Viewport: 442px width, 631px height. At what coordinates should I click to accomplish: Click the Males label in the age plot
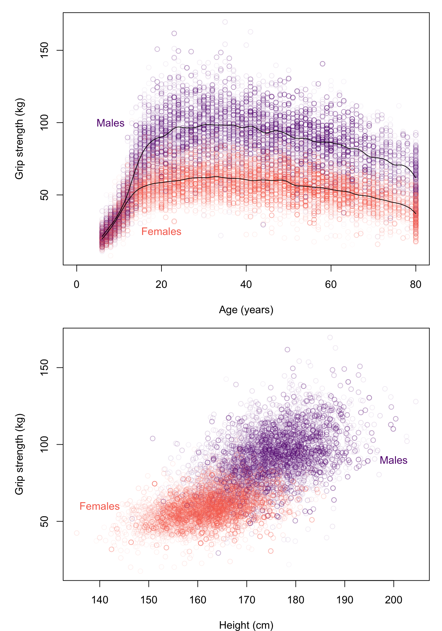[110, 123]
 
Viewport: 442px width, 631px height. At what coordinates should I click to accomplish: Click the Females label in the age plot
[161, 232]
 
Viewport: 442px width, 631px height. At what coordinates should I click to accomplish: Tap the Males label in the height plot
[393, 460]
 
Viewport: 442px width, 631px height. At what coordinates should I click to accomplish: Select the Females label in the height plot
[99, 506]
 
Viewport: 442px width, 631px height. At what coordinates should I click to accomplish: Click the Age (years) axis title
[246, 310]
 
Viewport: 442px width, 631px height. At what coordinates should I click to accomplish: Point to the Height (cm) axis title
[246, 625]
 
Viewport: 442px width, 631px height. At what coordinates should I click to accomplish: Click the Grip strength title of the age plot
[19, 138]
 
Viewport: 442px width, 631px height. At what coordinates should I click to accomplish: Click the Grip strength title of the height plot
[19, 454]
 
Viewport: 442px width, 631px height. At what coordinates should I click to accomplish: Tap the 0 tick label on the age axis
[77, 285]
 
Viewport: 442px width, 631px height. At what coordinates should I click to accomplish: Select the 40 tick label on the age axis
[246, 285]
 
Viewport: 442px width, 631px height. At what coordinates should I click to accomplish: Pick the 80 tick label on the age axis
[416, 285]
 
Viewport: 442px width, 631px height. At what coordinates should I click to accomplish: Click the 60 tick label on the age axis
[331, 285]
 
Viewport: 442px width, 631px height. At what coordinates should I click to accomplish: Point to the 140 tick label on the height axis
[100, 600]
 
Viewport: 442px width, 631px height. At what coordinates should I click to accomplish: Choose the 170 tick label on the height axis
[247, 600]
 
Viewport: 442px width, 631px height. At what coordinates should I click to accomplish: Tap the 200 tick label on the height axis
[394, 600]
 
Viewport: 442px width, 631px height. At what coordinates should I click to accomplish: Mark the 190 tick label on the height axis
[345, 600]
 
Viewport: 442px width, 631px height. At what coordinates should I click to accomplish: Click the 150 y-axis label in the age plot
[44, 50]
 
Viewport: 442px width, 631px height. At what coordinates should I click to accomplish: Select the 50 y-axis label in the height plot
[44, 521]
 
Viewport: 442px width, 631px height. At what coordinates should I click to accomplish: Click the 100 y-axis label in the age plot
[44, 123]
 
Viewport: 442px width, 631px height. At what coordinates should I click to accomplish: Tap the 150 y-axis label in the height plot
[44, 367]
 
